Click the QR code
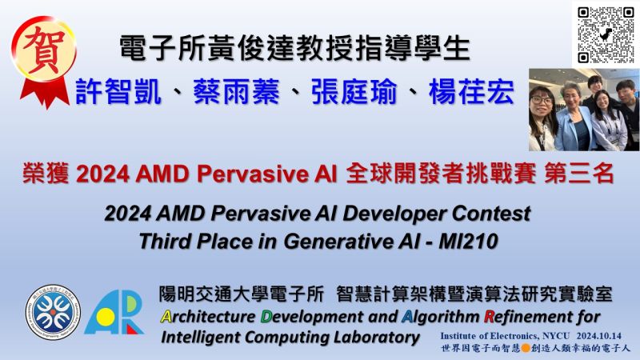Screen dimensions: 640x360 click(x=606, y=34)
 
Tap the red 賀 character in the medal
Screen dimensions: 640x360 click(x=44, y=50)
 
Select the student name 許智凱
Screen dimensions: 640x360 click(x=118, y=91)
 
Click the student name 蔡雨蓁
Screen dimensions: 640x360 click(x=236, y=91)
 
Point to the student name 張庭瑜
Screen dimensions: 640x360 click(x=354, y=91)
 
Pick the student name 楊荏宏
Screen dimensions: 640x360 click(x=471, y=91)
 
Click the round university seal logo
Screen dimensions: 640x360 click(x=53, y=313)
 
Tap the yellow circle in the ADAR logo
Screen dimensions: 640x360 click(x=106, y=316)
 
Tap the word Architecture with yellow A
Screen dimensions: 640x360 click(x=208, y=317)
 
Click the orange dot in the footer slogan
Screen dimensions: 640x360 click(x=526, y=348)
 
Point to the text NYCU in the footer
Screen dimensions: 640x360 click(x=556, y=336)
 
